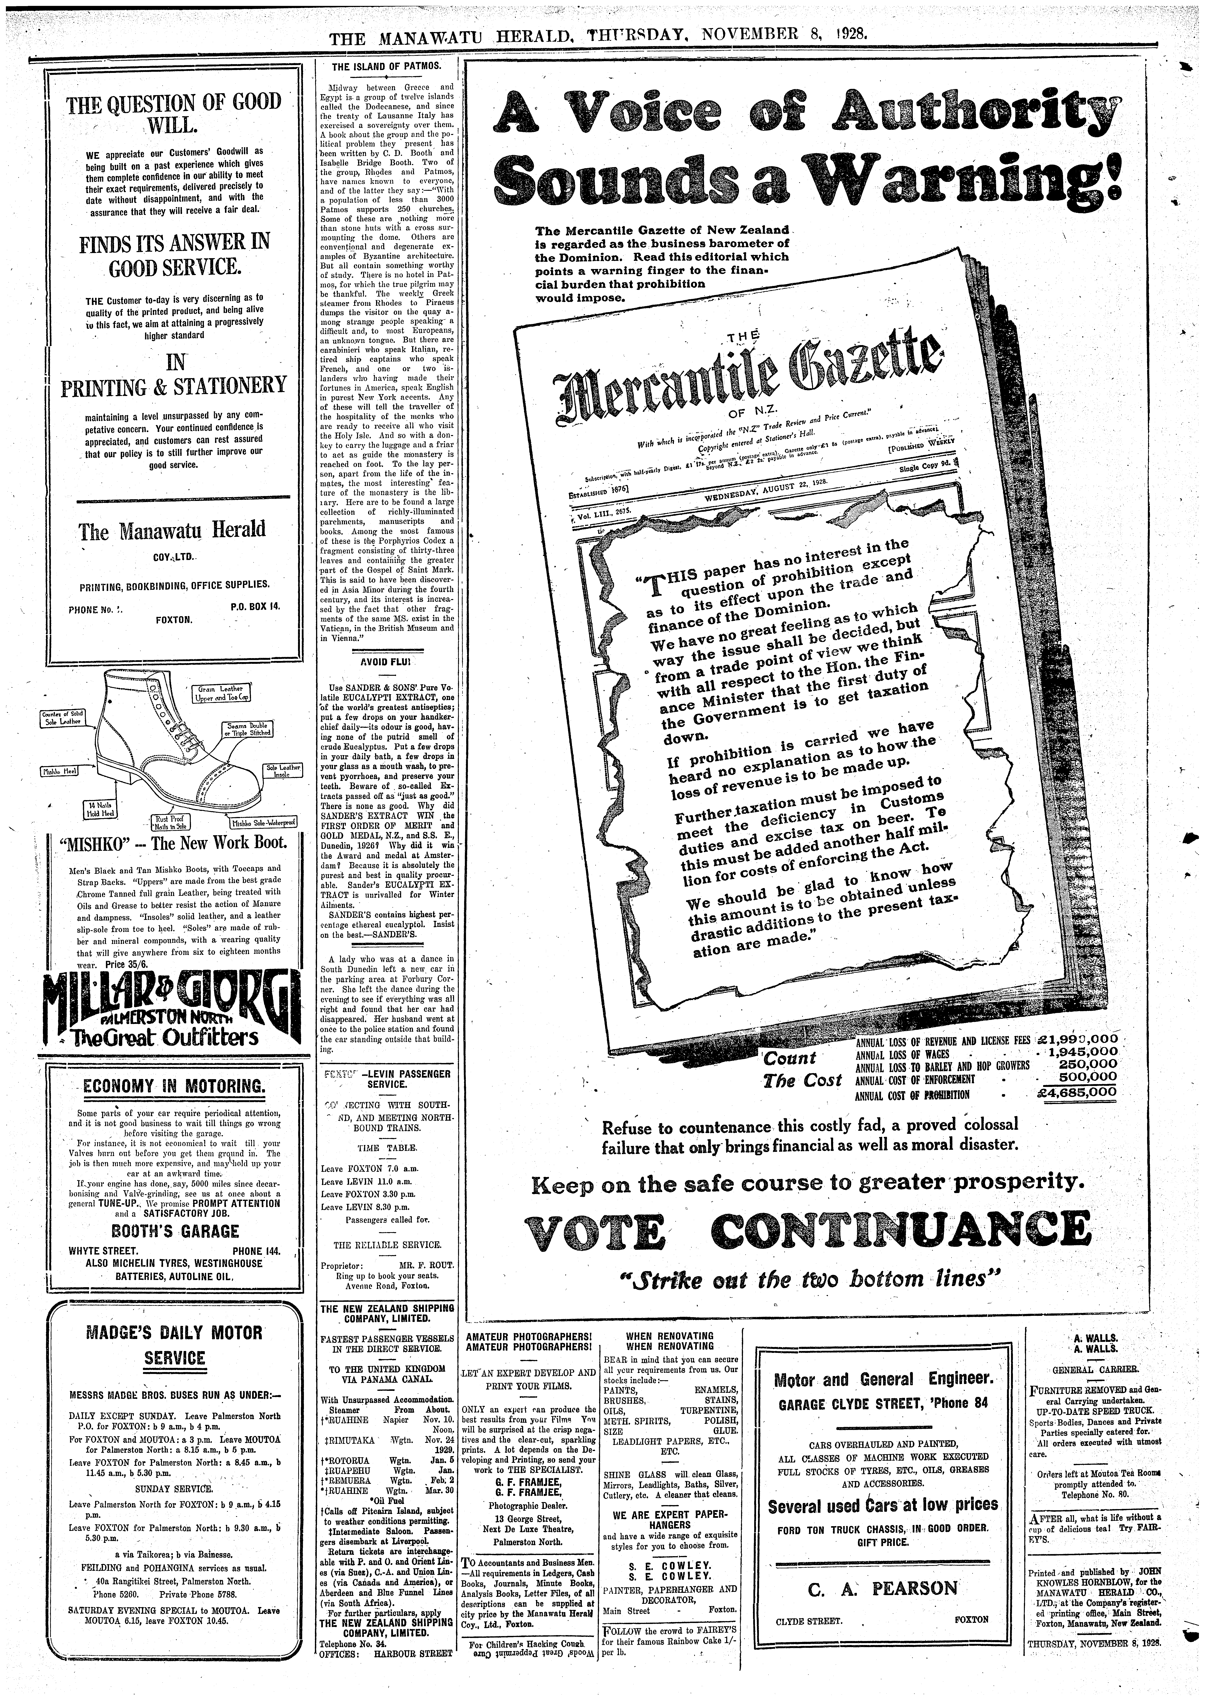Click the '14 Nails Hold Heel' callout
tap(98, 809)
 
